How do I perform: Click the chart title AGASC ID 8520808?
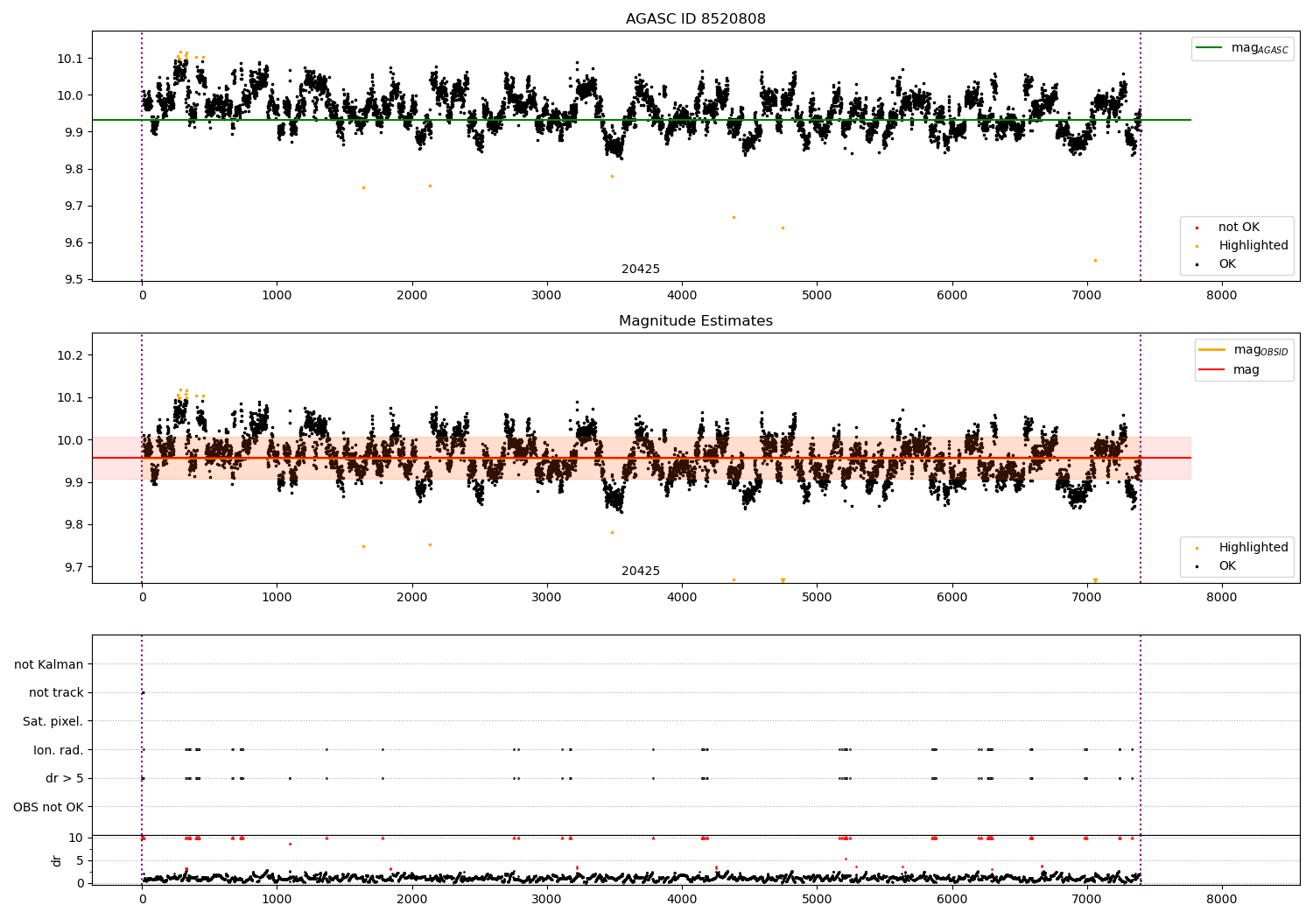click(695, 19)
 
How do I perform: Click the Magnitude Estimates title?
click(695, 321)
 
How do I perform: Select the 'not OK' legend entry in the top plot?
click(1238, 228)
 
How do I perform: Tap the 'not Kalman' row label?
click(49, 664)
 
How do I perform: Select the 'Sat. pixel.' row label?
click(53, 721)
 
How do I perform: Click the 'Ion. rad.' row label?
click(59, 750)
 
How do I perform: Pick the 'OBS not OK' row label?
click(48, 807)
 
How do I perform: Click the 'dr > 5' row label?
click(64, 778)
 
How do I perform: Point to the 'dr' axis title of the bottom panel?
click(57, 860)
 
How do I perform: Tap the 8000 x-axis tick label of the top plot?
click(1222, 296)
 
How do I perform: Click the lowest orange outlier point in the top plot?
click(1094, 260)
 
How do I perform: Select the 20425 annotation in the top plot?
click(641, 270)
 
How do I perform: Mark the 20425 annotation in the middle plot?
click(641, 572)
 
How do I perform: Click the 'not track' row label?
click(56, 692)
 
